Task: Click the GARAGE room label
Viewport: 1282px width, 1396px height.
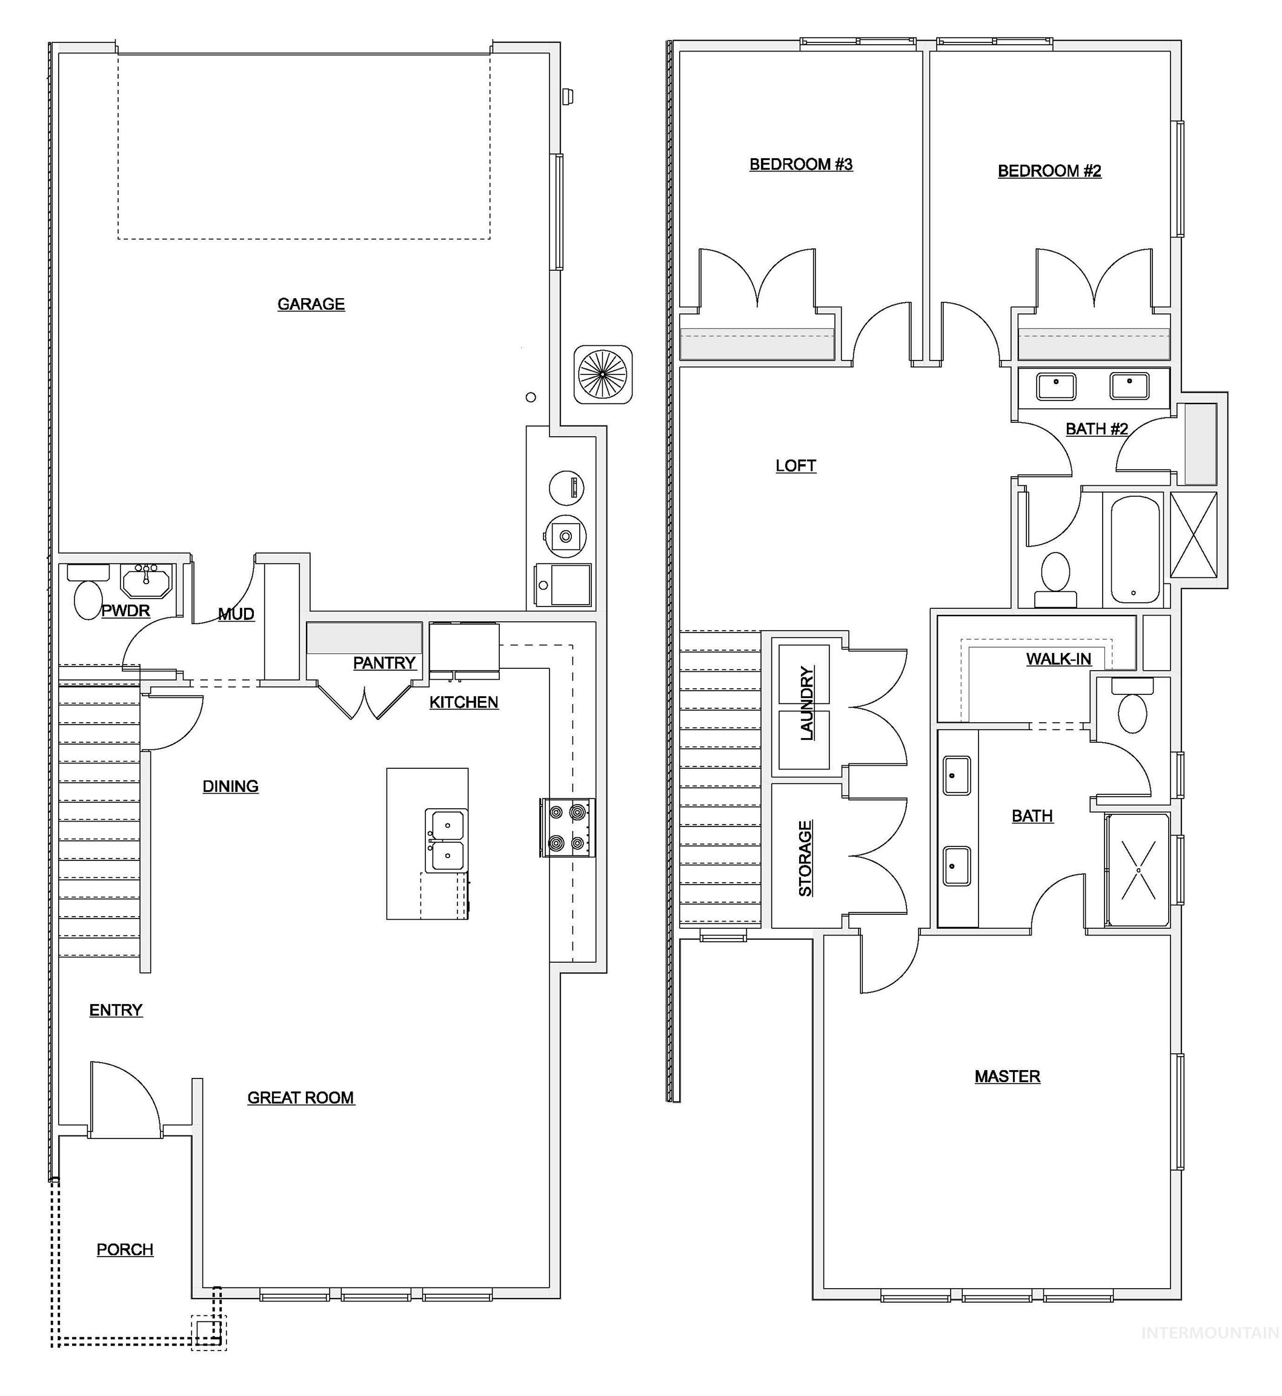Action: tap(311, 304)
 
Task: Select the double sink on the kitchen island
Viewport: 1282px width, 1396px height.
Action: tap(446, 840)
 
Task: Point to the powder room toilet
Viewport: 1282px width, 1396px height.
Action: tap(87, 599)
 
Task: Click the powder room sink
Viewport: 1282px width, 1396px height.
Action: tap(145, 580)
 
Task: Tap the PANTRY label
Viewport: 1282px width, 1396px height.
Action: tap(384, 663)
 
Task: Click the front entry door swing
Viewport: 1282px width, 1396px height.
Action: tap(125, 1100)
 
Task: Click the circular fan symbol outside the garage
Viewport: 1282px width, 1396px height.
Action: tap(603, 374)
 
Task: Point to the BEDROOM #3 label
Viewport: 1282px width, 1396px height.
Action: tap(800, 164)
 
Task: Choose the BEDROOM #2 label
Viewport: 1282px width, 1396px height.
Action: tap(1049, 171)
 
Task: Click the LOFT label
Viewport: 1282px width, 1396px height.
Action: tap(795, 465)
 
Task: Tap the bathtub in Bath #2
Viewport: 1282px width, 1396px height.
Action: tap(1135, 550)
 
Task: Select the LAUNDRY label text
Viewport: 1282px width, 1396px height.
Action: tap(806, 703)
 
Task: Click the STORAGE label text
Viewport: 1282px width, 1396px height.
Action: tap(805, 859)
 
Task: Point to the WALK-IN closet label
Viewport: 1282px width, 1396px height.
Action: tap(1058, 659)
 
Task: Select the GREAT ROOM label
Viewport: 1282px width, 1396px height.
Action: tap(301, 1098)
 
